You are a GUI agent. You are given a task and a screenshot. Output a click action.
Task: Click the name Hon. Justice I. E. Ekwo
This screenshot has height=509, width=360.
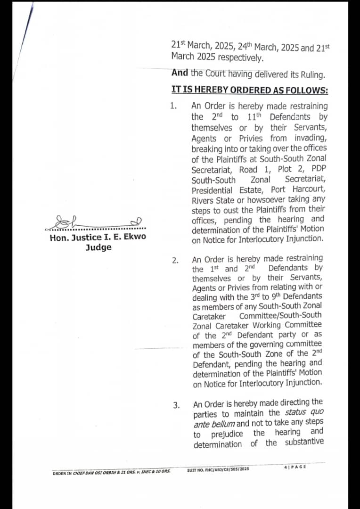click(98, 237)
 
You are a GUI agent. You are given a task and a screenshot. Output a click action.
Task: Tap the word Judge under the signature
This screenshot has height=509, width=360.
click(98, 247)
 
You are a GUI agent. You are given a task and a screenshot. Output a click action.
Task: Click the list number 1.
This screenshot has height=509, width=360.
click(173, 106)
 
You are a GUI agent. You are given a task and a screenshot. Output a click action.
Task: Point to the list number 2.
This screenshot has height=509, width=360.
click(175, 261)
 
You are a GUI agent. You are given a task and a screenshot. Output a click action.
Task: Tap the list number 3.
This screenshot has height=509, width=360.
click(176, 405)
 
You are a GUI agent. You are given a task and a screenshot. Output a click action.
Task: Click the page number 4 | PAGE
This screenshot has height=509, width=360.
click(295, 466)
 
